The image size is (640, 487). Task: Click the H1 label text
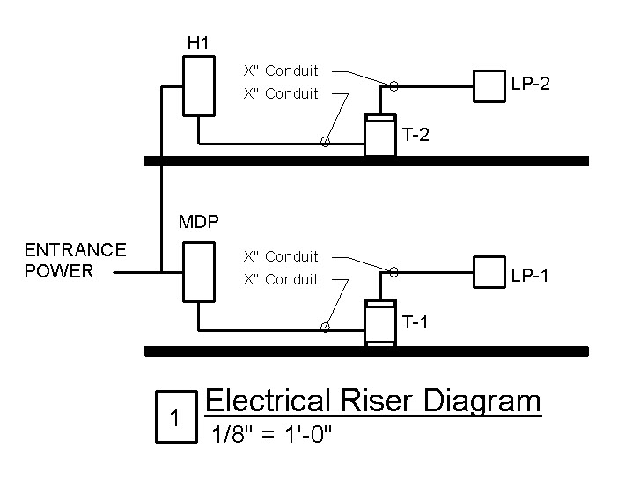(197, 42)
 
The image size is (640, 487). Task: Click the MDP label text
(198, 222)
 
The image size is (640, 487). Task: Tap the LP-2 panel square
(489, 85)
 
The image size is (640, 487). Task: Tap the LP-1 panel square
(489, 273)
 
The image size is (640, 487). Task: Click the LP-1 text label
(531, 277)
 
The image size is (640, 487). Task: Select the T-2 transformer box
(380, 135)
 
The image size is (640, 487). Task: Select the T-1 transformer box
(380, 322)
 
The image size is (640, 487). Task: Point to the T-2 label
(416, 135)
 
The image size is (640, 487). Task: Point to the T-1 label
(416, 322)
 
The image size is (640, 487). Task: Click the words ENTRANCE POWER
(75, 260)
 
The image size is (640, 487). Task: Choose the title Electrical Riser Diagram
(372, 401)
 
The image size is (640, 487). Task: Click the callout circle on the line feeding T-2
(325, 142)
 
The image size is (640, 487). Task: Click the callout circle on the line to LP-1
(394, 272)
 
